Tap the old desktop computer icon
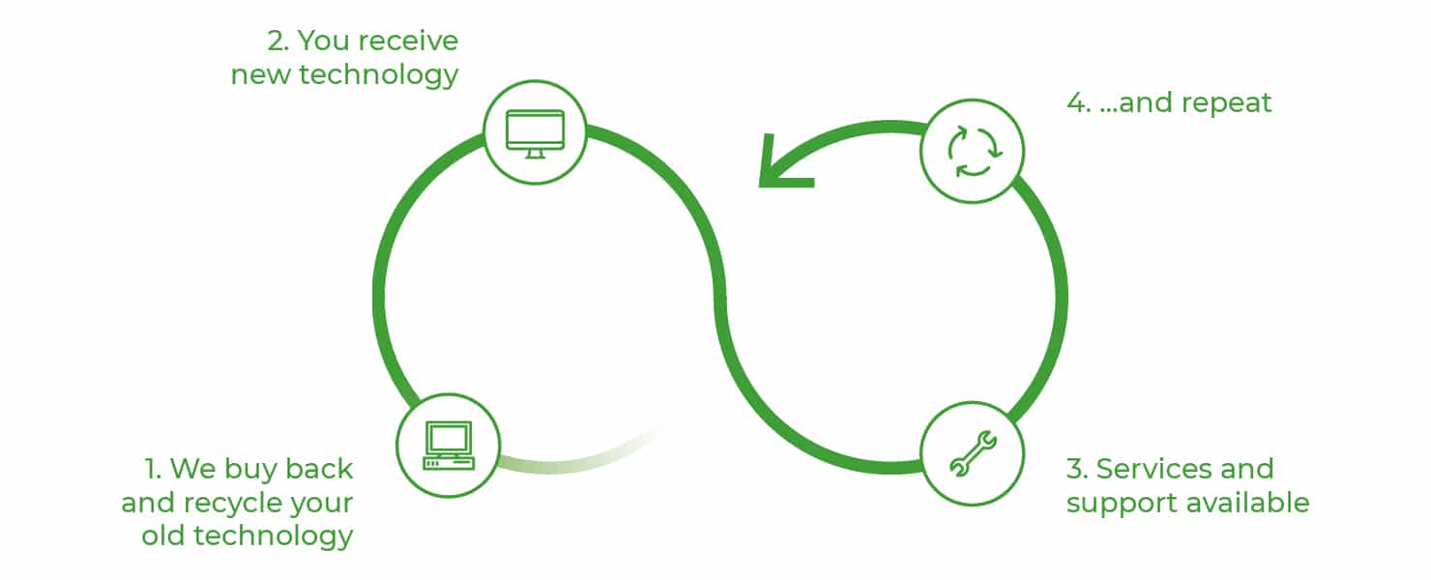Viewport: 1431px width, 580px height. pos(449,446)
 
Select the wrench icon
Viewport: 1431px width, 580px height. pos(973,453)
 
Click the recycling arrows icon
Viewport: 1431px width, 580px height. pos(974,152)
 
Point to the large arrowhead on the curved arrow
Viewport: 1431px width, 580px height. pos(780,167)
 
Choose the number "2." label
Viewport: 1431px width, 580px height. pos(277,41)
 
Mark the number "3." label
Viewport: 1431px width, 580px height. pos(1077,469)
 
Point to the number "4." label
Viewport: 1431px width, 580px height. pos(1079,102)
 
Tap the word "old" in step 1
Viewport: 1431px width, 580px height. pos(162,536)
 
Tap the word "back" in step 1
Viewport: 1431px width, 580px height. pos(319,469)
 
